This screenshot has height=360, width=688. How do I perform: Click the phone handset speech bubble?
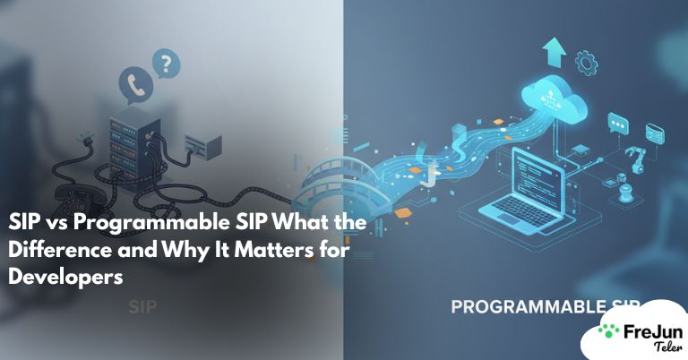[137, 84]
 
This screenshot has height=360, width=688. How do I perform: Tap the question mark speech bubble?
[164, 63]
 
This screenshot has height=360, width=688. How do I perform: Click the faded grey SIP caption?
[143, 306]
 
